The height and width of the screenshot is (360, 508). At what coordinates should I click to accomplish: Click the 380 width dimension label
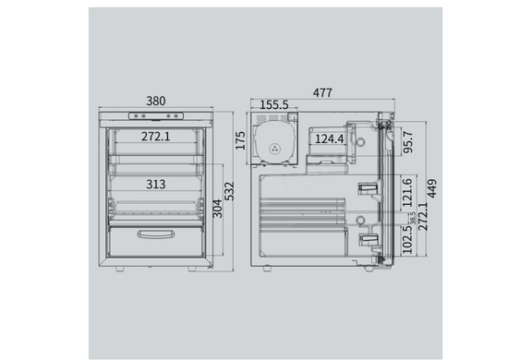156,101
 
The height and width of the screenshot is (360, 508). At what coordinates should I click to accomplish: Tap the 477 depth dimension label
322,93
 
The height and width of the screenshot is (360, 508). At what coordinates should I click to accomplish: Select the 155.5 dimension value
274,105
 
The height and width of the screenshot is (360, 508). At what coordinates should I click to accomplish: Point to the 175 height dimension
240,140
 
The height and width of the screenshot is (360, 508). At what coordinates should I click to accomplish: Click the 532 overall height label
229,191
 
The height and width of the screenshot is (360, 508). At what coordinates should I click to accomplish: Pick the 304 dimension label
217,209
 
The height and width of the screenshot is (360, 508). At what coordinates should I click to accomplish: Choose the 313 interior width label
156,185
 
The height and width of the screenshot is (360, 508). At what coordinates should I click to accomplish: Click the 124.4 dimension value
329,138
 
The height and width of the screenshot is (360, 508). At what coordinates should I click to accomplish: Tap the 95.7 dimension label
408,142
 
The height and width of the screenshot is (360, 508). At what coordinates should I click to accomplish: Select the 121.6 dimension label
407,192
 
